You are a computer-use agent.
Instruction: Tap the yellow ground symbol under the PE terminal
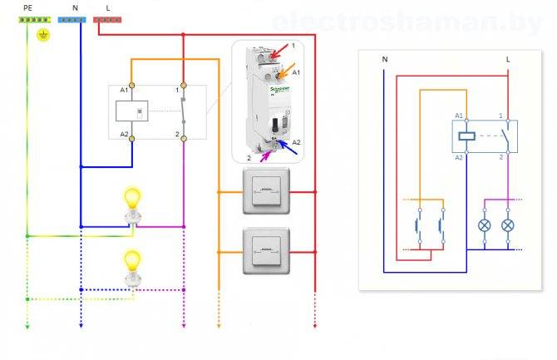coord(44,35)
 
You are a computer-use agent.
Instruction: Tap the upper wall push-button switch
coord(266,192)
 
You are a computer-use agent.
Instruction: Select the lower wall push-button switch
coord(266,250)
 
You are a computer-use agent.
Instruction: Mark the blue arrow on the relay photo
coord(285,146)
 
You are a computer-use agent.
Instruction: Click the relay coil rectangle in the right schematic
coord(466,135)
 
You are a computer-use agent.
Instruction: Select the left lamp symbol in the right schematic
coord(484,225)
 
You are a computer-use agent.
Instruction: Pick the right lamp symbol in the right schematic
coord(509,225)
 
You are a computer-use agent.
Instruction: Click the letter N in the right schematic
coord(384,60)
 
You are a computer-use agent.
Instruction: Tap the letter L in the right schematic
coord(508,60)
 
